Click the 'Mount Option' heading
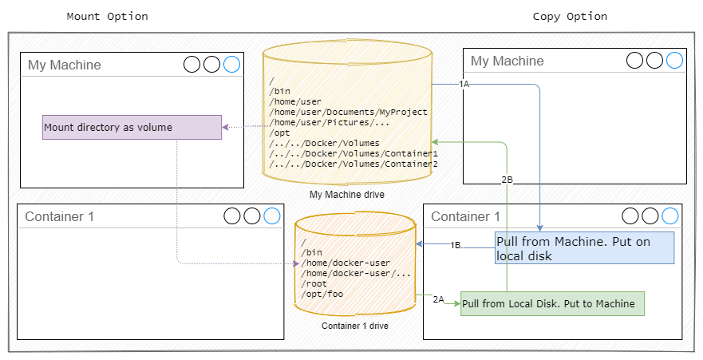point(107,16)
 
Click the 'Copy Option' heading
point(570,16)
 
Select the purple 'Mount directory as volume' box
point(132,128)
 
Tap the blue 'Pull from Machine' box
point(584,247)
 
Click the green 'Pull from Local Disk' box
point(552,303)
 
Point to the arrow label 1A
point(464,84)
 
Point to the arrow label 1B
point(455,245)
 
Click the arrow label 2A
point(438,299)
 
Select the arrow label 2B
point(507,180)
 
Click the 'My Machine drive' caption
point(347,195)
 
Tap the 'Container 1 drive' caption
point(354,326)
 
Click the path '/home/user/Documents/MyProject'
point(348,113)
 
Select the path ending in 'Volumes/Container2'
point(353,164)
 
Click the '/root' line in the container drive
point(313,283)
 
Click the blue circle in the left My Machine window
point(231,65)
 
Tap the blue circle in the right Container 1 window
point(669,216)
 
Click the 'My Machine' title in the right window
point(507,61)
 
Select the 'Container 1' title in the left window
point(59,216)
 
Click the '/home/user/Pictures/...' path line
point(329,123)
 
